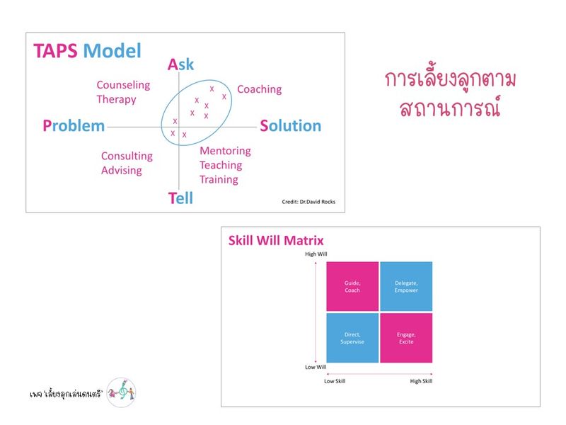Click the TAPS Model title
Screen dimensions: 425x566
pyautogui.click(x=87, y=51)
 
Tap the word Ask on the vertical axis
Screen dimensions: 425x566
pyautogui.click(x=180, y=65)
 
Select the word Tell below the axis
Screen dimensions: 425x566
pyautogui.click(x=180, y=198)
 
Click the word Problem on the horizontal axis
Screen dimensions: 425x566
pyautogui.click(x=74, y=126)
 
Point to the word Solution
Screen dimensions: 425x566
pyautogui.click(x=290, y=126)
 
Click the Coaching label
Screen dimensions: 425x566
pyautogui.click(x=259, y=89)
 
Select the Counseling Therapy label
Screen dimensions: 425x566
pyautogui.click(x=123, y=92)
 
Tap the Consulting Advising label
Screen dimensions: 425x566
pyautogui.click(x=126, y=163)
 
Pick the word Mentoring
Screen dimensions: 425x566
pyautogui.click(x=225, y=151)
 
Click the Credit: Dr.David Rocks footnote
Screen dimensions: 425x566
pyautogui.click(x=308, y=202)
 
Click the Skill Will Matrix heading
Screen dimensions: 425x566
pyautogui.click(x=276, y=240)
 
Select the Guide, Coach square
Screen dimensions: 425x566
pyautogui.click(x=352, y=286)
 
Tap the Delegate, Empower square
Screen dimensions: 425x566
pyautogui.click(x=406, y=286)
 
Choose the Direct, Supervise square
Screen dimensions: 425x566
pyautogui.click(x=352, y=338)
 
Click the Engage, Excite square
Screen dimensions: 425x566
pyautogui.click(x=406, y=338)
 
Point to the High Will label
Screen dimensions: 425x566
pyautogui.click(x=316, y=254)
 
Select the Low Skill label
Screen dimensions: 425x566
pyautogui.click(x=334, y=381)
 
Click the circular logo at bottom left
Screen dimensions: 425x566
pyautogui.click(x=121, y=390)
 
